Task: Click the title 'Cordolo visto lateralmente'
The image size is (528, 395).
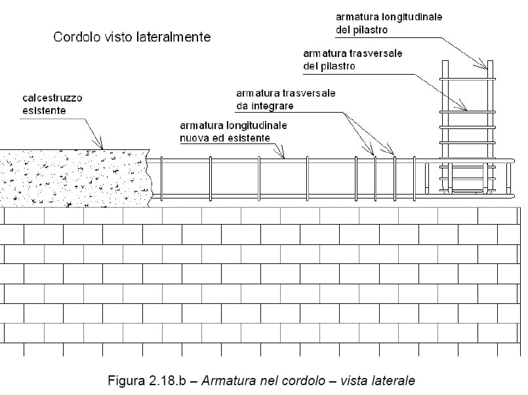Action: pyautogui.click(x=132, y=37)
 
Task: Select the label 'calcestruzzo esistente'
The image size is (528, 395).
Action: pyautogui.click(x=52, y=104)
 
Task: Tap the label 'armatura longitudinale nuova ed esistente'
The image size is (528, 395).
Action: pyautogui.click(x=234, y=132)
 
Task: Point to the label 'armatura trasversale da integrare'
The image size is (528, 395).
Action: pyautogui.click(x=285, y=100)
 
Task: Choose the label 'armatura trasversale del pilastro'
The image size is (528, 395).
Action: pyautogui.click(x=353, y=60)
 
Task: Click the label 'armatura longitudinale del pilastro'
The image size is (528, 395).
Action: pyautogui.click(x=388, y=24)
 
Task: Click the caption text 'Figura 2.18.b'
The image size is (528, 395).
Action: pyautogui.click(x=147, y=381)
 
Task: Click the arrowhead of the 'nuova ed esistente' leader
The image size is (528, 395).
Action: pyautogui.click(x=282, y=155)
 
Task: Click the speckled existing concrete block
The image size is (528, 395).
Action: pyautogui.click(x=75, y=178)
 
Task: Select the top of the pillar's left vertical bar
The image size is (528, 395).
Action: pyautogui.click(x=445, y=61)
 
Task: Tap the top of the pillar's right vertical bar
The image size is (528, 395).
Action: pyautogui.click(x=490, y=61)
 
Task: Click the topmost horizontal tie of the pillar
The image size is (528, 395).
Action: pyautogui.click(x=468, y=79)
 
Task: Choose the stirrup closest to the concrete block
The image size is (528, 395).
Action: pyautogui.click(x=161, y=179)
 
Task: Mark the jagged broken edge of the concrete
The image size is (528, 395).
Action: pyautogui.click(x=150, y=178)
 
